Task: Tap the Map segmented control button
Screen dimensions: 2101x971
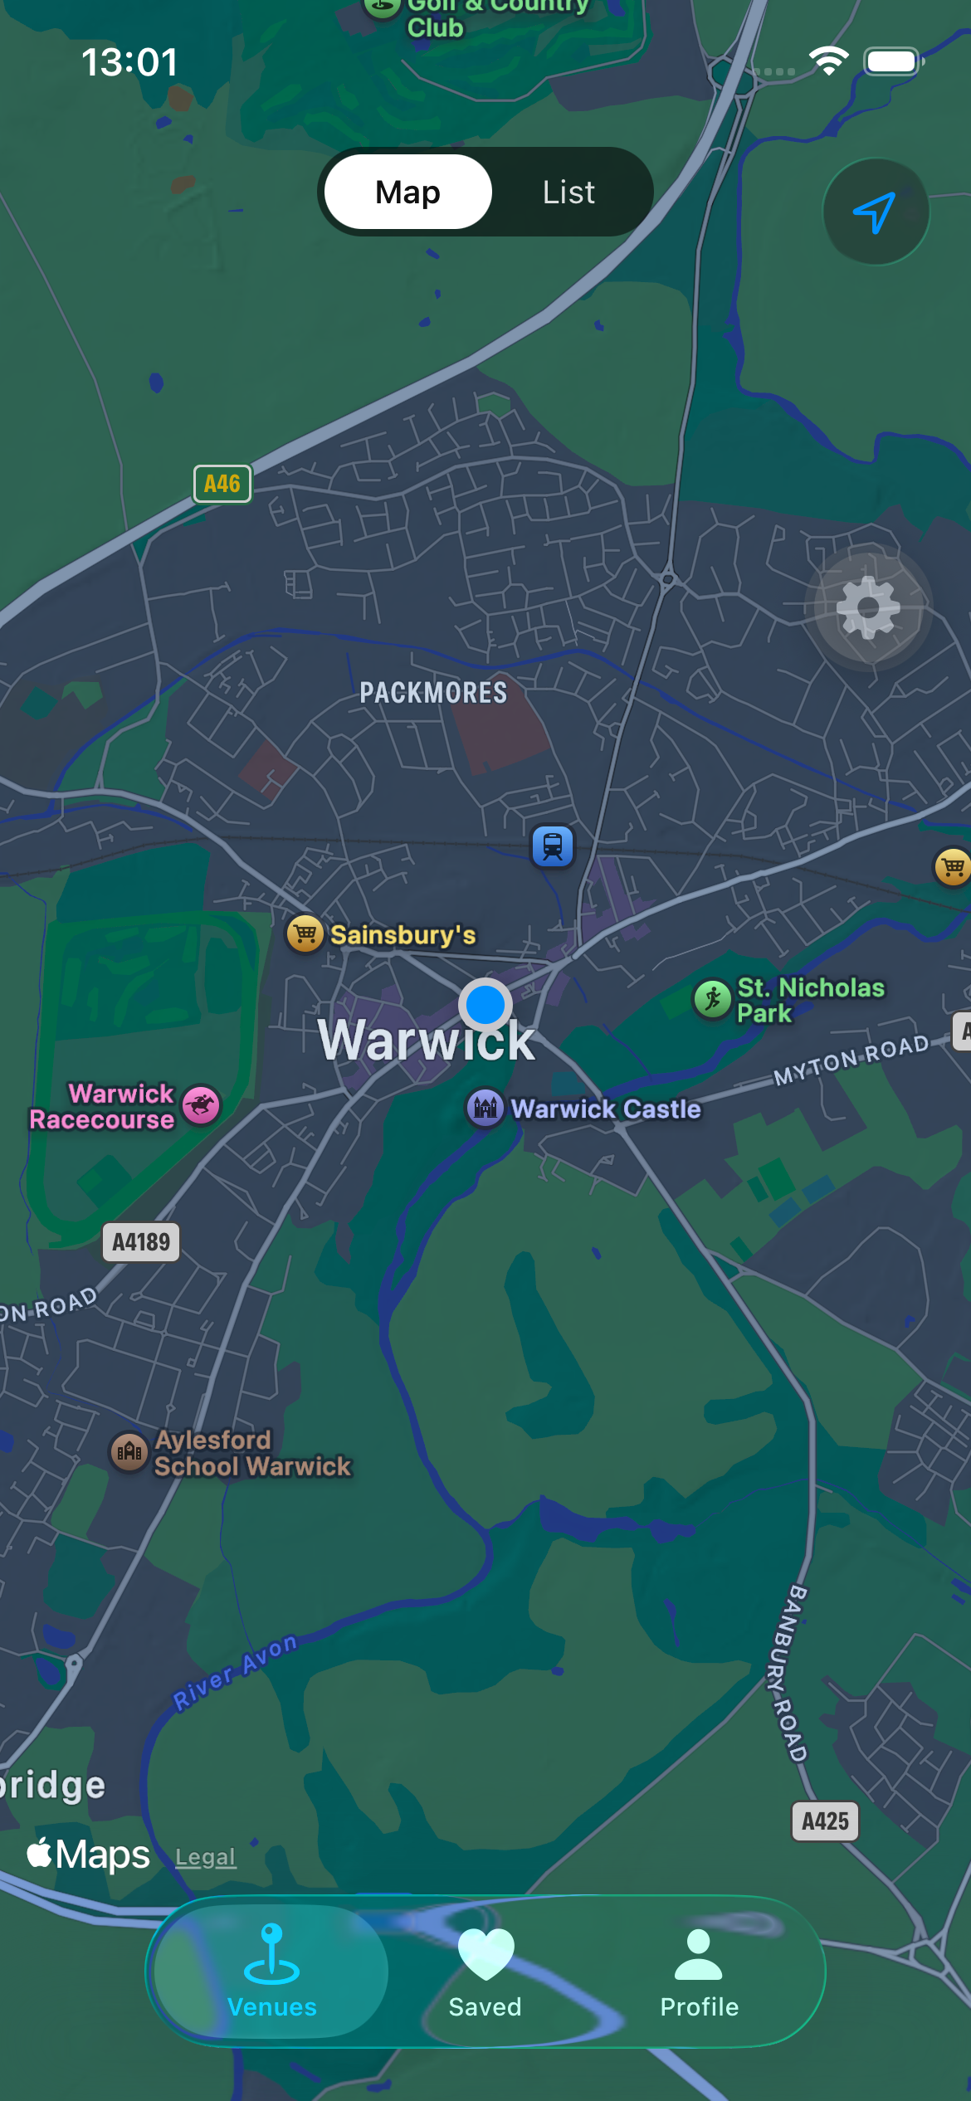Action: [x=407, y=192]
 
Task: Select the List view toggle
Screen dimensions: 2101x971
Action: [x=568, y=192]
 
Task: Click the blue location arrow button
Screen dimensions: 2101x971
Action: [x=875, y=212]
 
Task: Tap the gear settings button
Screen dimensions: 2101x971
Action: [x=868, y=607]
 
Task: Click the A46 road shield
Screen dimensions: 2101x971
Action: [x=222, y=484]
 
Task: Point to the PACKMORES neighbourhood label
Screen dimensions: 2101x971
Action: [x=433, y=693]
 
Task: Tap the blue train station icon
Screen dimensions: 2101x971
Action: [x=553, y=846]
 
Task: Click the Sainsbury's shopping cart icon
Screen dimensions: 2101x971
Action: [x=305, y=934]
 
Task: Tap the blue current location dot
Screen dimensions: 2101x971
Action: [x=486, y=1005]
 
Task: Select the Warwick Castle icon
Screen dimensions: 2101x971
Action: [x=486, y=1108]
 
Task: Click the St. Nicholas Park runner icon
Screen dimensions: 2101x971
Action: [x=712, y=998]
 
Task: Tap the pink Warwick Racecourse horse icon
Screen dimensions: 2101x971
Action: [x=201, y=1105]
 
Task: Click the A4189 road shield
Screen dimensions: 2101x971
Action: [x=141, y=1242]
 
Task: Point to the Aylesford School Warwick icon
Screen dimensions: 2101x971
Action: [x=129, y=1452]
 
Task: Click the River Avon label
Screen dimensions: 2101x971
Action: [x=235, y=1672]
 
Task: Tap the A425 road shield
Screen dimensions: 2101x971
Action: [x=825, y=1821]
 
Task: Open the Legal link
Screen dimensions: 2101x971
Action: [x=206, y=1857]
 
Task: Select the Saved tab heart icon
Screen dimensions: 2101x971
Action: [x=486, y=1954]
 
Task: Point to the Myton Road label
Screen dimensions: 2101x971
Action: [x=851, y=1060]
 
